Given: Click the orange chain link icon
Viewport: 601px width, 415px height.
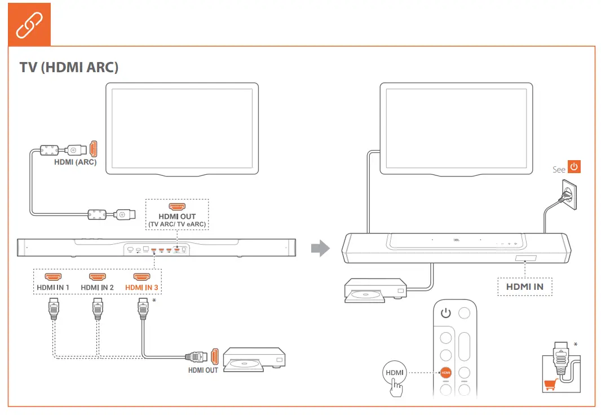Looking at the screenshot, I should [x=29, y=24].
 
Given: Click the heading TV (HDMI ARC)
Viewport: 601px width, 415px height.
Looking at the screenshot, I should [x=69, y=67].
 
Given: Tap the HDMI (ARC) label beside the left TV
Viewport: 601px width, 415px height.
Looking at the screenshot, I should [x=76, y=162].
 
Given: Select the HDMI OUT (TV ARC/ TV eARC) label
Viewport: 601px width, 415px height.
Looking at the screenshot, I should [x=177, y=220].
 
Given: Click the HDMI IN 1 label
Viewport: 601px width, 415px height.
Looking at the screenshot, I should [x=53, y=288].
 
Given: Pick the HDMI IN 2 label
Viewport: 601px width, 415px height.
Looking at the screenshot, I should [x=97, y=288].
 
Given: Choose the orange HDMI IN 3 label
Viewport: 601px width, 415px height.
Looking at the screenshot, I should [x=142, y=288].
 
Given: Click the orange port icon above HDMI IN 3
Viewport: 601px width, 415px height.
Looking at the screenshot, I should [x=142, y=277].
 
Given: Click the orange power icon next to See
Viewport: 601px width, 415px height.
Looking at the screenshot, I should [x=573, y=167].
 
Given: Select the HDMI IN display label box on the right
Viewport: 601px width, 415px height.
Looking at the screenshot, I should [x=524, y=286].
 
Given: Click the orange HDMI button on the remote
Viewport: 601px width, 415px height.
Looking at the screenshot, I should [x=445, y=373].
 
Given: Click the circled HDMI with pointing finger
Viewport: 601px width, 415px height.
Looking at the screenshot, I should [x=395, y=375].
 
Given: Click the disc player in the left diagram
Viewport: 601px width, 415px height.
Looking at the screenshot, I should [x=254, y=360].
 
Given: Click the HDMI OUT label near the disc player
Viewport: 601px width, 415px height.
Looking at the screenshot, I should [x=203, y=370].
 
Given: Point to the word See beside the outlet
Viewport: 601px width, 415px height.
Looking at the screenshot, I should [x=559, y=170].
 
